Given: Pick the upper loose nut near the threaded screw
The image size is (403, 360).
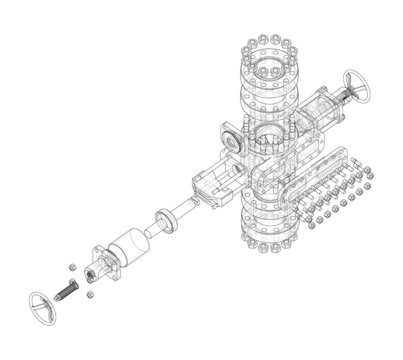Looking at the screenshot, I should pyautogui.click(x=75, y=266).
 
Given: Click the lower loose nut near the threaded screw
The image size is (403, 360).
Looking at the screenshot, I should pyautogui.click(x=91, y=296).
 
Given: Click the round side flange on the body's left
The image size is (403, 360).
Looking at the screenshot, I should pyautogui.click(x=232, y=141).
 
